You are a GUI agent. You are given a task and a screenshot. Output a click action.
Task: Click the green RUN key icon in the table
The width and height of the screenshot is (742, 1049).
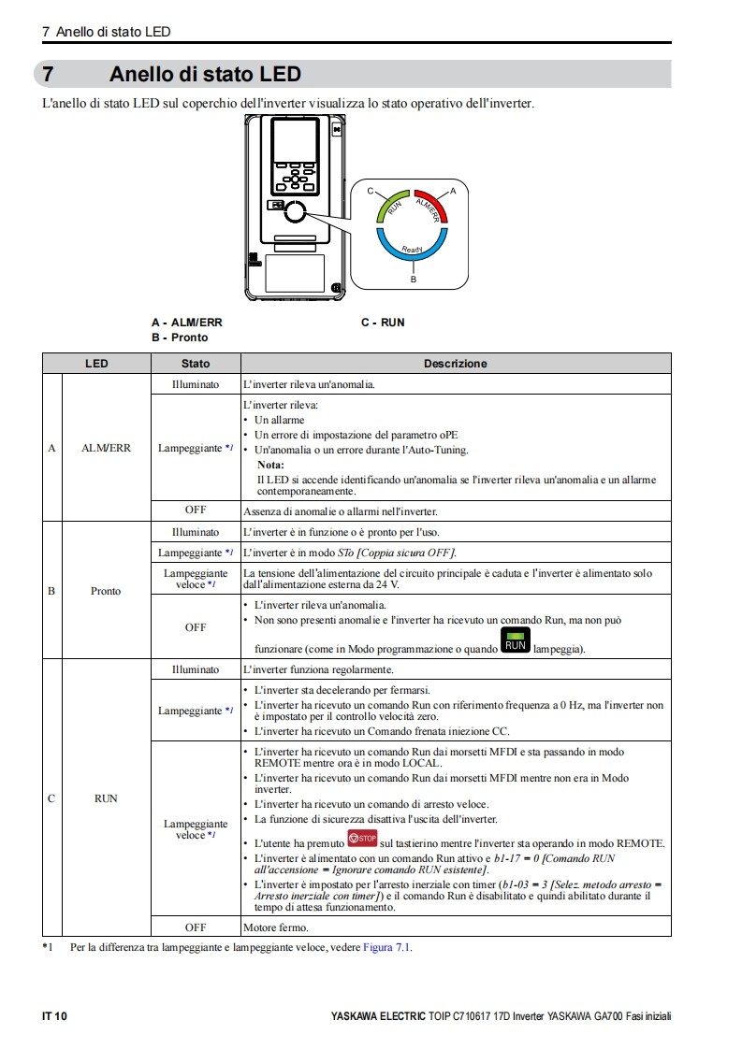[x=516, y=641]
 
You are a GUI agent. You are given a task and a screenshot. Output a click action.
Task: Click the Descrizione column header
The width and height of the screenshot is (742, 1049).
[x=456, y=364]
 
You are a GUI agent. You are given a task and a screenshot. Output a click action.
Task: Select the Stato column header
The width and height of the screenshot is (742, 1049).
[x=196, y=364]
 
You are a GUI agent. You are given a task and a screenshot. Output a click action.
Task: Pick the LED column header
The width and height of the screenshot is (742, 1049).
[x=96, y=364]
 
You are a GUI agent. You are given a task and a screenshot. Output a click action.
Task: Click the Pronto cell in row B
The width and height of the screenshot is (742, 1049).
[x=106, y=591]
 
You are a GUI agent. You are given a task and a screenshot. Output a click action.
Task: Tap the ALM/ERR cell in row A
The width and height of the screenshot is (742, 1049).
[x=106, y=448]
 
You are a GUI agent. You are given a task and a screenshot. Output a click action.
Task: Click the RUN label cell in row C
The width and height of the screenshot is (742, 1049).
[x=106, y=798]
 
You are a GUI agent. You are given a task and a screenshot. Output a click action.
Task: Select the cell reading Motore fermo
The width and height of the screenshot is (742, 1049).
[x=275, y=927]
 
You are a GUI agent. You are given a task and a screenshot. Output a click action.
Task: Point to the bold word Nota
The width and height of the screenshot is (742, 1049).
[x=270, y=465]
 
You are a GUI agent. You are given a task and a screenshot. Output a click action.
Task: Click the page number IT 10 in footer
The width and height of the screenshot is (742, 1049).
[x=55, y=1016]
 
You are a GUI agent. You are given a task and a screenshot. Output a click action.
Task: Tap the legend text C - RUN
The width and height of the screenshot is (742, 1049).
[x=383, y=323]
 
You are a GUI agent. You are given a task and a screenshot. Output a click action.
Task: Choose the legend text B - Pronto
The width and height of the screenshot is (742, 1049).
[x=180, y=338]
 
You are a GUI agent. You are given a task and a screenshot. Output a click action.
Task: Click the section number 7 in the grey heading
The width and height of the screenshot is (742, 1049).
[x=48, y=74]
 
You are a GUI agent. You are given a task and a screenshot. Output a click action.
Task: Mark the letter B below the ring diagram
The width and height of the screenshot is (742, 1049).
[x=413, y=279]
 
